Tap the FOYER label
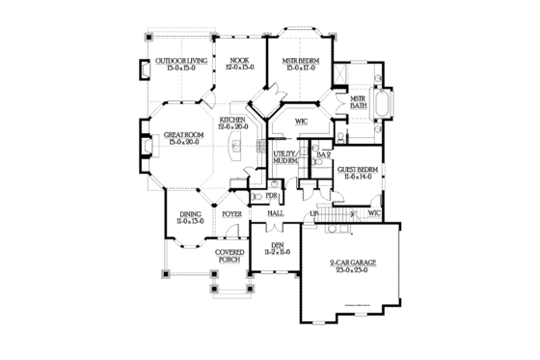click(x=232, y=212)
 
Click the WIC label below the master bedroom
click(x=301, y=122)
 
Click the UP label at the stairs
click(x=314, y=212)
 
